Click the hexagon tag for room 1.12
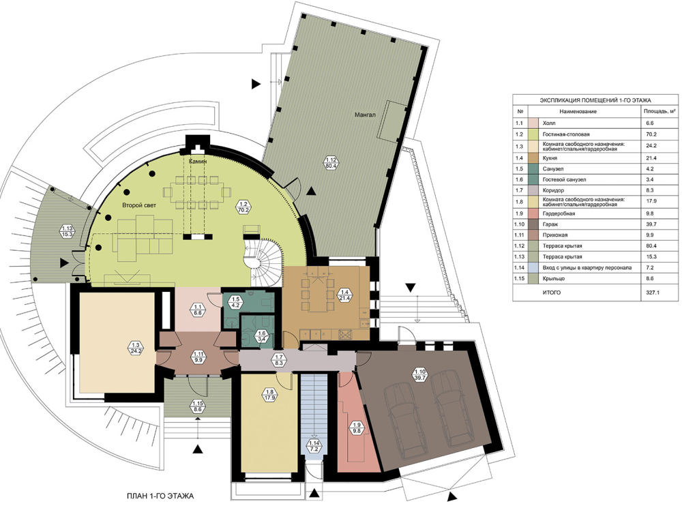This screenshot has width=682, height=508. (329, 162)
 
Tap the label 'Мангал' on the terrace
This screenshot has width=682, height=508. (365, 115)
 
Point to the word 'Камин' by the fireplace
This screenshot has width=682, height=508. (198, 162)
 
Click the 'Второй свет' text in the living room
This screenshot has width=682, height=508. (138, 205)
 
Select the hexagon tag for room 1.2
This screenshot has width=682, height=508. (243, 206)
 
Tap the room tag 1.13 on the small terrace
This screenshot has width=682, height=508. (67, 231)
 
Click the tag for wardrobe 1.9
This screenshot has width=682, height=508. (357, 428)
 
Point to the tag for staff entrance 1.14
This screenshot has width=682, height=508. (314, 446)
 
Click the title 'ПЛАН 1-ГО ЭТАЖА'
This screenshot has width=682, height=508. (160, 496)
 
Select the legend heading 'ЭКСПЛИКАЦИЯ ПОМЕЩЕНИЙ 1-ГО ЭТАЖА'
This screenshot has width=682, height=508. (595, 100)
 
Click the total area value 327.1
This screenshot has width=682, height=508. (653, 293)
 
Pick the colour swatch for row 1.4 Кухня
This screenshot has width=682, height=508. (533, 158)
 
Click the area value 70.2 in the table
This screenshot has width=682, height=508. (652, 134)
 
